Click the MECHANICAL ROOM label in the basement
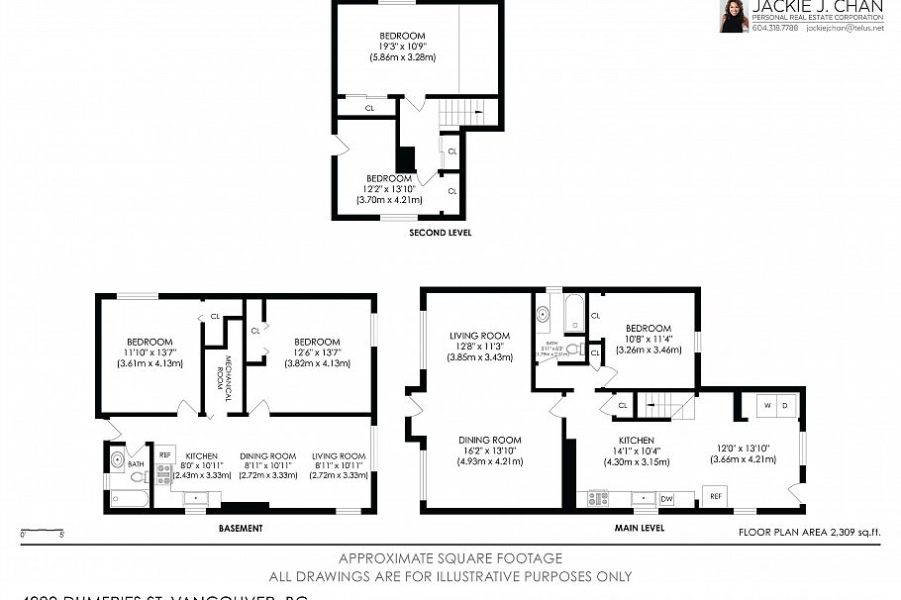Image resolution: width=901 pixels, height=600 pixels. [x=227, y=376]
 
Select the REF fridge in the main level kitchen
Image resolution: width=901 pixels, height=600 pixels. [x=715, y=494]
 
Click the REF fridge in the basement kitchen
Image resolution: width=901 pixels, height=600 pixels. [x=164, y=454]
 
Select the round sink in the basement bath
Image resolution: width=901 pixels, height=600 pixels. [x=118, y=459]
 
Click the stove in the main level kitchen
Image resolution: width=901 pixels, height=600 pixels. [x=598, y=498]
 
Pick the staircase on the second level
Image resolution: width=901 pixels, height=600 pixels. [x=461, y=113]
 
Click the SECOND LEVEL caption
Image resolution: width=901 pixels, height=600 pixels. [x=440, y=234]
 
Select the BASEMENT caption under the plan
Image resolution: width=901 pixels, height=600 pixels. [x=240, y=529]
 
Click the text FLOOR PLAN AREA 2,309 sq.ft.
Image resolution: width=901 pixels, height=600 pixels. [x=810, y=533]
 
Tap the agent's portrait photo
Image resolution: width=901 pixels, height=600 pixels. [x=734, y=16]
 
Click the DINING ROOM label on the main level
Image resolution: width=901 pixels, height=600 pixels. [x=489, y=440]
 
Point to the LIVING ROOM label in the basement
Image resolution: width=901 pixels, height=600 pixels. [x=340, y=455]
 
